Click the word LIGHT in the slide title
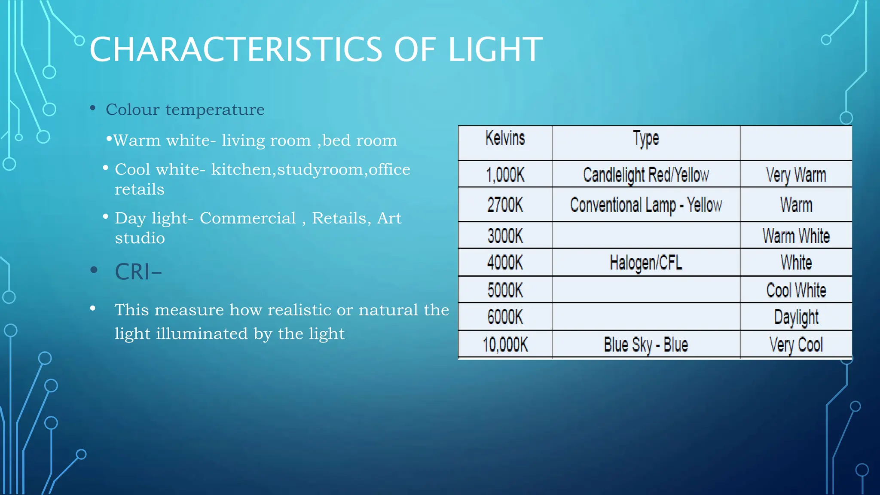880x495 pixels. [x=495, y=49]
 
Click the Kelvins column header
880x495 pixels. [x=505, y=138]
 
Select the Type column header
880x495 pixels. [x=645, y=139]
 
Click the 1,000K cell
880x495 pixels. [x=505, y=175]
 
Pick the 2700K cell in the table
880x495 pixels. [x=505, y=205]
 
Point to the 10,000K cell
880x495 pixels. [x=505, y=345]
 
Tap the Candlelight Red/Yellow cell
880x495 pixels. [x=645, y=175]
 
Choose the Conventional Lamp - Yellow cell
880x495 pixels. [x=645, y=205]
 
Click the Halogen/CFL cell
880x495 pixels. [x=645, y=263]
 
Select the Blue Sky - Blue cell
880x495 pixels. [x=645, y=345]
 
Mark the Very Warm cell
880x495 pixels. [x=796, y=175]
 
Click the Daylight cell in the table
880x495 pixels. [x=796, y=317]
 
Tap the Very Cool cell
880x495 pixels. [x=796, y=345]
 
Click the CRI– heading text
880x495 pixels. [x=138, y=272]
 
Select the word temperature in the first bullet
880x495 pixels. [x=215, y=110]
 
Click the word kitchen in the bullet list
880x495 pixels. [x=241, y=170]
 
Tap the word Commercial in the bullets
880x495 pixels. [x=247, y=218]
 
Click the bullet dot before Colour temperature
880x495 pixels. [x=93, y=108]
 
